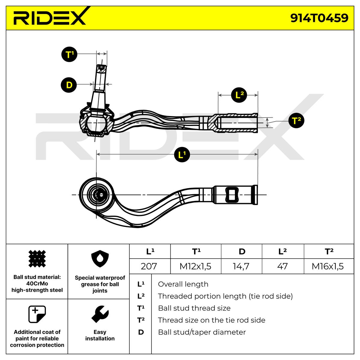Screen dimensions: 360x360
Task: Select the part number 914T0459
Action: point(319,18)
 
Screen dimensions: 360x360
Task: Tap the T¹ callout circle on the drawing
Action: point(69,55)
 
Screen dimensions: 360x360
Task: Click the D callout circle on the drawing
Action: point(69,85)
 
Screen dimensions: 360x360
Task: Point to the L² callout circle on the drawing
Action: point(239,95)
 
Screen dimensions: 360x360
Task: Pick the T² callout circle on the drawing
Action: point(296,121)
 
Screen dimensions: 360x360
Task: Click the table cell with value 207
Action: point(149,266)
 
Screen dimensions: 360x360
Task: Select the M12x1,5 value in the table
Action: point(196,266)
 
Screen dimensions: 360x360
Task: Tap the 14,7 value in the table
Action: point(241,266)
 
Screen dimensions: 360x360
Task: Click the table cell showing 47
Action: point(282,266)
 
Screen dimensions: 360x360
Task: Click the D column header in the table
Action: point(241,251)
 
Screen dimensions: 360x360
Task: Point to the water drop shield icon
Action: point(100,260)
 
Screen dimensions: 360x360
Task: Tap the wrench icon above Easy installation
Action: point(100,314)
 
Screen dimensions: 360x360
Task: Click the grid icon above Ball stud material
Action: point(37,259)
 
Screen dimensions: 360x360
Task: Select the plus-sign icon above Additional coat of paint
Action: point(37,314)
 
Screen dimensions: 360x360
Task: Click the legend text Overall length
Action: point(183,284)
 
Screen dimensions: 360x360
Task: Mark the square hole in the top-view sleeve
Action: point(232,194)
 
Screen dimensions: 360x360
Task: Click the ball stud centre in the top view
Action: point(100,195)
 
